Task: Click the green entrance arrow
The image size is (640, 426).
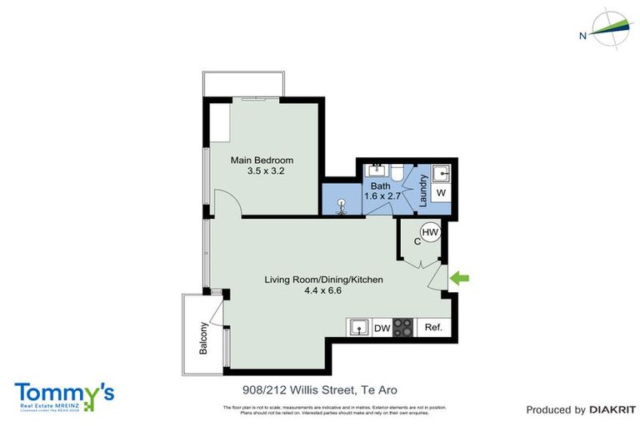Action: pyautogui.click(x=461, y=280)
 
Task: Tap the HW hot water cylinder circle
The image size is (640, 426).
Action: pyautogui.click(x=430, y=233)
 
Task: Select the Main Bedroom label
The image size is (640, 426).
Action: pyautogui.click(x=262, y=160)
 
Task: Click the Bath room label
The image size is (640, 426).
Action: pyautogui.click(x=381, y=186)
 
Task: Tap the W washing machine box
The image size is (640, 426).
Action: pyautogui.click(x=442, y=193)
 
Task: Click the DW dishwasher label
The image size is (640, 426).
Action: pyautogui.click(x=382, y=328)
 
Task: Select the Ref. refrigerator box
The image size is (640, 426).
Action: pyautogui.click(x=432, y=328)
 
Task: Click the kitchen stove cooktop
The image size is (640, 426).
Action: pyautogui.click(x=403, y=327)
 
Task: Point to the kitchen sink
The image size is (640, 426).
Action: pyautogui.click(x=358, y=327)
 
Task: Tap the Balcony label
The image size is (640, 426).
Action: pyautogui.click(x=203, y=339)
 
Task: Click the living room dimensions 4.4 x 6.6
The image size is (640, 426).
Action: pyautogui.click(x=324, y=291)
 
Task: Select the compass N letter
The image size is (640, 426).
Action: pyautogui.click(x=582, y=35)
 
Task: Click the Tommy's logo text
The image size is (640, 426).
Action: pyautogui.click(x=63, y=392)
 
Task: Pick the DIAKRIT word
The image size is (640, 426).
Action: pyautogui.click(x=613, y=409)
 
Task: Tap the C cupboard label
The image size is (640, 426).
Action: pyautogui.click(x=418, y=242)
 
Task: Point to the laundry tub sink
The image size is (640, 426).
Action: pyautogui.click(x=442, y=174)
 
